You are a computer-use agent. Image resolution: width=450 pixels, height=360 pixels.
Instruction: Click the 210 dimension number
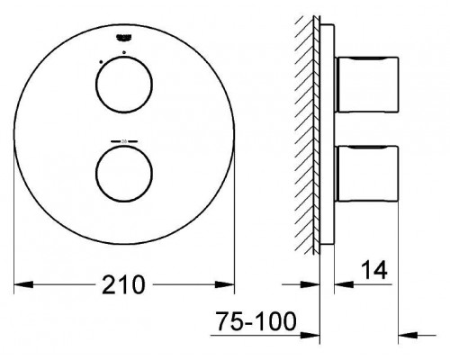(123, 284)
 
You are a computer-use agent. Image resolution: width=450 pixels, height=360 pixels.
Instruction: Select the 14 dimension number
(374, 270)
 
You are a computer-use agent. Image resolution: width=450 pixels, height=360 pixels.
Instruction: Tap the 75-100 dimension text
(256, 321)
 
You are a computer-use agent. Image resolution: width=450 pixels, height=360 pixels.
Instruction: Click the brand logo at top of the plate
(124, 38)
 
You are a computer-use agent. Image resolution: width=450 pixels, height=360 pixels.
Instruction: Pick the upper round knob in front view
(124, 85)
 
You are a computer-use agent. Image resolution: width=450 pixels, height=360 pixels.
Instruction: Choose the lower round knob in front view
(124, 173)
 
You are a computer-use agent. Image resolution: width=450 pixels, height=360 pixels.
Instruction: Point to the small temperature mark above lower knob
(124, 140)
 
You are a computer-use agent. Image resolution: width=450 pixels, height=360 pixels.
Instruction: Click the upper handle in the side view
(366, 85)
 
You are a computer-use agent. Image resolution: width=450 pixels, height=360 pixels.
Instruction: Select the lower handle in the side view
(366, 173)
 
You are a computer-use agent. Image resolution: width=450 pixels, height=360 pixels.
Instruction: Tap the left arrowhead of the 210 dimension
(23, 284)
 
